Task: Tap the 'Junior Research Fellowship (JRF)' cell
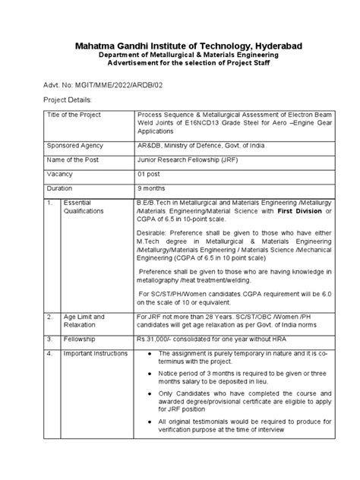185,159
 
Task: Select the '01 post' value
150,174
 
